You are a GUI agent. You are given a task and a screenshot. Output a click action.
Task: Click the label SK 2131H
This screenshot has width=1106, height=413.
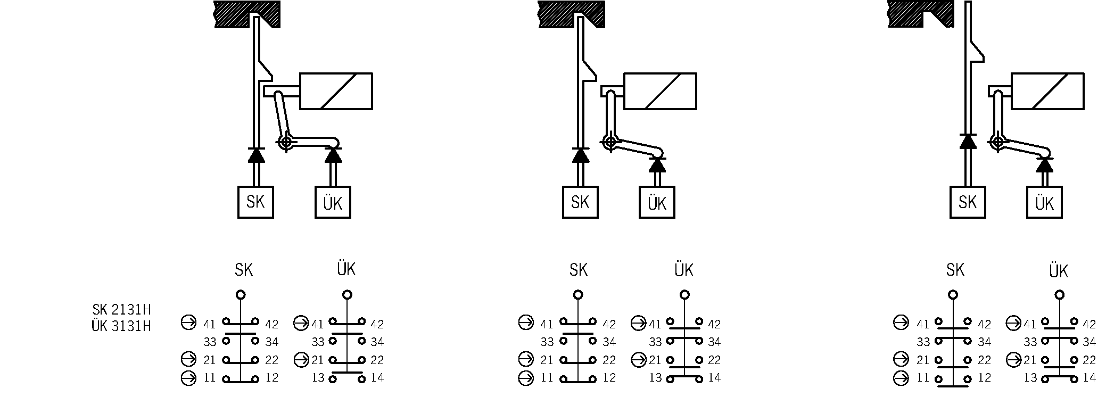[x=121, y=310]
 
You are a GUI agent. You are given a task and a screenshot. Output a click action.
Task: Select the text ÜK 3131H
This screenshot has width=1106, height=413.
[x=121, y=326]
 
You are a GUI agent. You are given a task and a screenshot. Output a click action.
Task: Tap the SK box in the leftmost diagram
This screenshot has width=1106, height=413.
[x=255, y=202]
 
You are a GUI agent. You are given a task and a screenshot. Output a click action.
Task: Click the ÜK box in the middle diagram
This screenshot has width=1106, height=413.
[x=657, y=202]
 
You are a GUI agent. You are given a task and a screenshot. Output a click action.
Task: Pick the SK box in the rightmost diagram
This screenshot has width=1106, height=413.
[x=967, y=202]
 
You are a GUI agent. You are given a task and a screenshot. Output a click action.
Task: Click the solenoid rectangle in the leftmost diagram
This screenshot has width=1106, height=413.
[x=336, y=91]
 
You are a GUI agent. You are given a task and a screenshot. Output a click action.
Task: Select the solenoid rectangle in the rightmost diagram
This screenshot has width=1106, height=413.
[x=1047, y=91]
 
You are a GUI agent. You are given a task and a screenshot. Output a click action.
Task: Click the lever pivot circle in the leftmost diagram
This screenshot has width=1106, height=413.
[x=286, y=142]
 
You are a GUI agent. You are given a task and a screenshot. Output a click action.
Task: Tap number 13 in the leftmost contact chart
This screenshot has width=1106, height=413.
[x=318, y=378]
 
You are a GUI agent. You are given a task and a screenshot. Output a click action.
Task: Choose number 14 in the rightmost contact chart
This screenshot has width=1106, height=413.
[x=1089, y=378]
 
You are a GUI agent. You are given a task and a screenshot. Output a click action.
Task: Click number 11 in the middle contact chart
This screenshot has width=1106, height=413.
[x=547, y=378]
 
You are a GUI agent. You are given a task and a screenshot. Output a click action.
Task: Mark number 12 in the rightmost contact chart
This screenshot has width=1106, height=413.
[x=985, y=378]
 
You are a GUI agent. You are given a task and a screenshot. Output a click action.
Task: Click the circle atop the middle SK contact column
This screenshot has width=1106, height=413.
[x=578, y=294]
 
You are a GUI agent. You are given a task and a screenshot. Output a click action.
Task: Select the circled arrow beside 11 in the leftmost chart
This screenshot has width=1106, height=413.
[x=188, y=378]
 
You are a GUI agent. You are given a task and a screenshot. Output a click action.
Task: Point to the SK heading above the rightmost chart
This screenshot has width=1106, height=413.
[x=955, y=270]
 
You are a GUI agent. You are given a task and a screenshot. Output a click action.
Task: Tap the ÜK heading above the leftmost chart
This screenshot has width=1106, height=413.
[x=346, y=269]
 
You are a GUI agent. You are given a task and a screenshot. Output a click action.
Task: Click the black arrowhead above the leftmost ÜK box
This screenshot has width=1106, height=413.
[x=333, y=155]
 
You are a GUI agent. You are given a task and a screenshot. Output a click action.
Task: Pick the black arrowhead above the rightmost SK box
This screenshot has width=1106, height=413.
[x=968, y=142]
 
